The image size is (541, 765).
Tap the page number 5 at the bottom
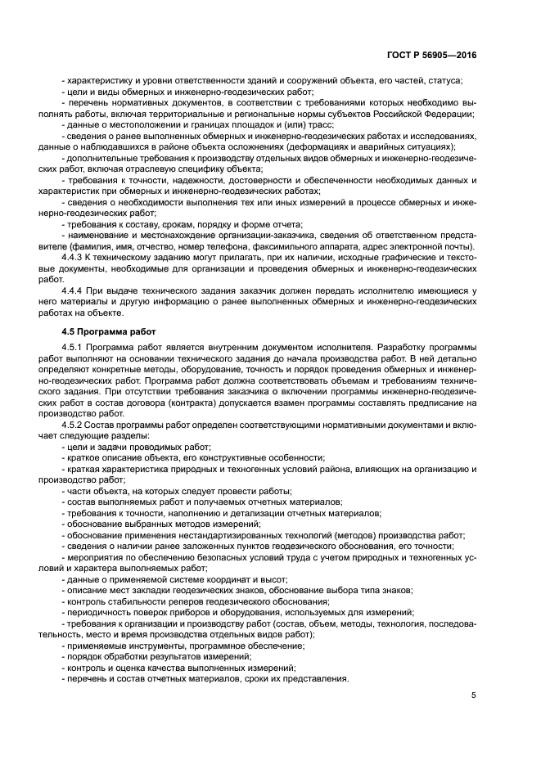tap(474, 695)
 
